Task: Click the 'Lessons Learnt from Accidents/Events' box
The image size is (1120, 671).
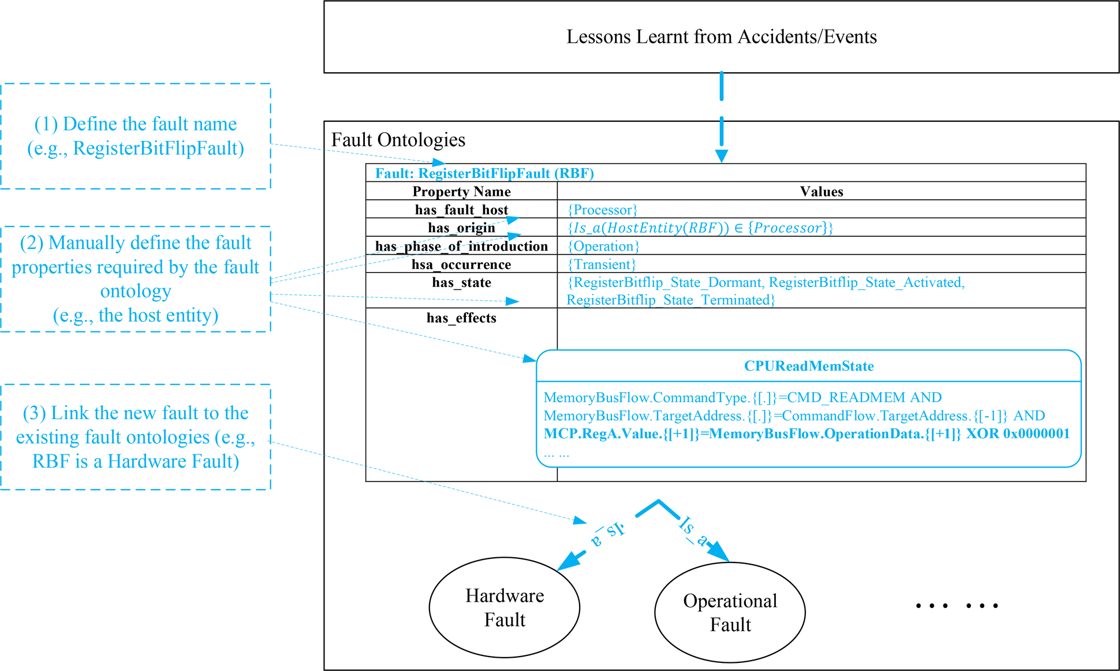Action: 721,37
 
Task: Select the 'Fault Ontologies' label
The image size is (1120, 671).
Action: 398,140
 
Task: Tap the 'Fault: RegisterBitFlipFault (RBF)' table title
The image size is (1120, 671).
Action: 484,173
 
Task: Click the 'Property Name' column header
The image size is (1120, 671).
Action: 461,191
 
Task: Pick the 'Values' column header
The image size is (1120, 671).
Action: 822,191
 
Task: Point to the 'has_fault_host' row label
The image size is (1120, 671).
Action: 461,210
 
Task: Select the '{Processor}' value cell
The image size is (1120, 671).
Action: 603,210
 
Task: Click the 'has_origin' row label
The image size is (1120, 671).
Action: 461,228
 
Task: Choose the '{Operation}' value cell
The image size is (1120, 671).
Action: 603,246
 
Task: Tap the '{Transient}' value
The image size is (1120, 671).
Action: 602,264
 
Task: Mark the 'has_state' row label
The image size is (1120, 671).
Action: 461,282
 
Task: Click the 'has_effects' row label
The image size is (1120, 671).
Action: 461,318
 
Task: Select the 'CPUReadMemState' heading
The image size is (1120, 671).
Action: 809,366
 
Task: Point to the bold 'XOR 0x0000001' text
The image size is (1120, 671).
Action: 1018,434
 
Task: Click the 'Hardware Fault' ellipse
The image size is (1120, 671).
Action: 505,607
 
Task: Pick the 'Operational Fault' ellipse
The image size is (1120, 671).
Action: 730,613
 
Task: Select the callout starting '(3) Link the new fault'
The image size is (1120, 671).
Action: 136,437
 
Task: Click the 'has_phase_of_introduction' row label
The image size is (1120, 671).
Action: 461,246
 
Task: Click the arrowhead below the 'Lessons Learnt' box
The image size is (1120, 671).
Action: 722,156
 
